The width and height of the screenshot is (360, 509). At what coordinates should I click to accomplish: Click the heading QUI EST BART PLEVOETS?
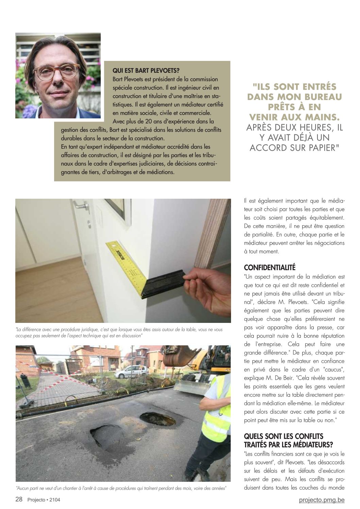pyautogui.click(x=146, y=70)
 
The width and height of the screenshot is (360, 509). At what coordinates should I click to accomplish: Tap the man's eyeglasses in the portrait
pyautogui.click(x=56, y=72)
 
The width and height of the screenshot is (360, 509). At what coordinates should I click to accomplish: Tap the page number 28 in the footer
pyautogui.click(x=19, y=499)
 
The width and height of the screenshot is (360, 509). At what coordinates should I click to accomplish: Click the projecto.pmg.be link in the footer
pyautogui.click(x=322, y=500)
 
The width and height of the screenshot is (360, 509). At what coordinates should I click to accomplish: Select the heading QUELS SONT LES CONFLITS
pyautogui.click(x=284, y=436)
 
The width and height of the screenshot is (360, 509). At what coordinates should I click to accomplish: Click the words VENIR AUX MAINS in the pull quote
pyautogui.click(x=294, y=117)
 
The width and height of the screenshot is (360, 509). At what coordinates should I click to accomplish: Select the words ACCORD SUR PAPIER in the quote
pyautogui.click(x=294, y=148)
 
